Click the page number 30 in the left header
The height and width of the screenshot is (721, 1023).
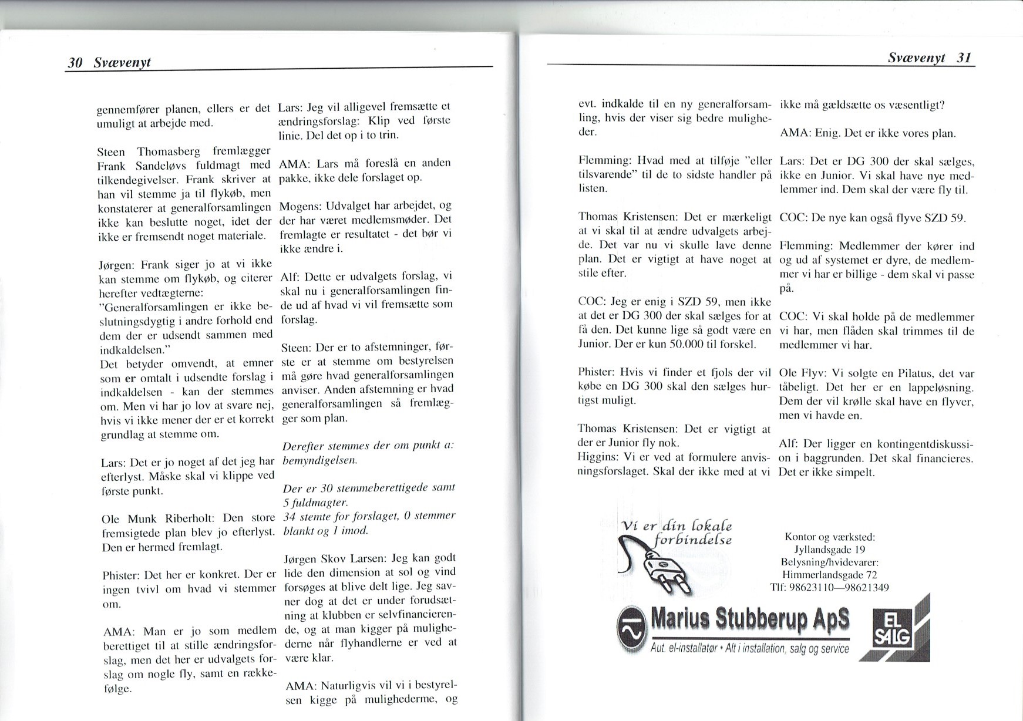(x=75, y=63)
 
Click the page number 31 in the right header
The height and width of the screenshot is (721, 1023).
(x=964, y=58)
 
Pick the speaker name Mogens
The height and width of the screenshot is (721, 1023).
(x=295, y=206)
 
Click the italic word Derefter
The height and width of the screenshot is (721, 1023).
(x=303, y=446)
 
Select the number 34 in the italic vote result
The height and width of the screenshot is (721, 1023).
(x=289, y=517)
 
